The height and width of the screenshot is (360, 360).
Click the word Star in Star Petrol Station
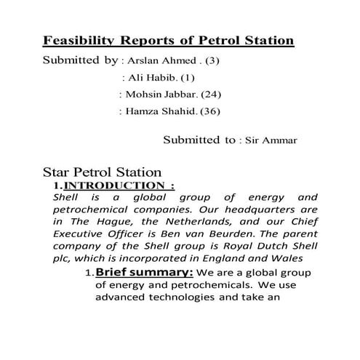tap(57, 173)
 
